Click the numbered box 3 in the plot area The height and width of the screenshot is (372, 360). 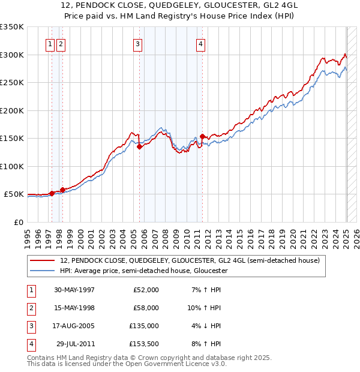coord(137,43)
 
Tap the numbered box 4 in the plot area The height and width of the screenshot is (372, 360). coord(200,43)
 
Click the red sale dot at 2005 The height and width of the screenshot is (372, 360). coord(139,146)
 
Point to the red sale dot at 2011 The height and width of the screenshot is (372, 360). coord(203,136)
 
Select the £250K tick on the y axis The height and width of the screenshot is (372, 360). coord(13,83)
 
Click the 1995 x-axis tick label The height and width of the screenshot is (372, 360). coord(28,238)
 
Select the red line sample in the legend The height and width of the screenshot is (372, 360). coord(43,261)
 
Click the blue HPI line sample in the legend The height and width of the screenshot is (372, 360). coord(43,271)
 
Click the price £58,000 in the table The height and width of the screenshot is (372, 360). coord(146,308)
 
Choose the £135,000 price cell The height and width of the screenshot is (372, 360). coord(144,326)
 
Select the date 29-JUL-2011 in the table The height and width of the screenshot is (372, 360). coord(74,344)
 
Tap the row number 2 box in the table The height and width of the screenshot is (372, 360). coord(31,308)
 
